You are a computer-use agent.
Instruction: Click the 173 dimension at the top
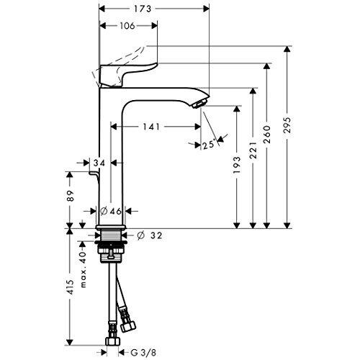pos(143,9)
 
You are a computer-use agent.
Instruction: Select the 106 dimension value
pos(127,26)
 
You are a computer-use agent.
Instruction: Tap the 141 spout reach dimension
pos(151,127)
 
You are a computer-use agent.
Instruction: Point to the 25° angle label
pos(208,145)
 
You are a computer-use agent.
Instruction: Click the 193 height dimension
pos(237,165)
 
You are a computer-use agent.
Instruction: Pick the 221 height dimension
pos(253,150)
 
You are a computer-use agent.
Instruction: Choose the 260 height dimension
pos(267,135)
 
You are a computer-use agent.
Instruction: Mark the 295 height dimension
pos(287,125)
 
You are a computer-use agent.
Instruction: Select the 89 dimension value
pos(71,196)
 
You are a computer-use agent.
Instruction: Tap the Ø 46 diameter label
pos(110,211)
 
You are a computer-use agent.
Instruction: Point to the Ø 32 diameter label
pos(150,235)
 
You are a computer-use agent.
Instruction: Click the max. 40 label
pos(83,269)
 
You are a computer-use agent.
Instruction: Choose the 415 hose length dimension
pos(71,287)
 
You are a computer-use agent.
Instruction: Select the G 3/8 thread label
pos(143,353)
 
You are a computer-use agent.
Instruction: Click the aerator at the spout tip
pos(199,104)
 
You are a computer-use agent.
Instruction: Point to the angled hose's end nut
pos(128,326)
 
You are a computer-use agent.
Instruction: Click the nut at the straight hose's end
pos(112,341)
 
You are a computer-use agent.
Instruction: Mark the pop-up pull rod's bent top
pos(94,174)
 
